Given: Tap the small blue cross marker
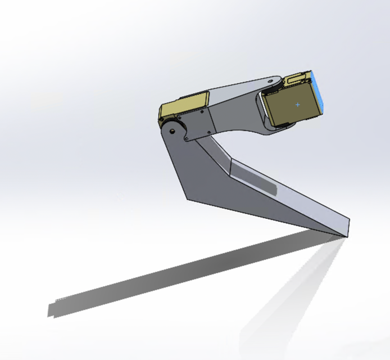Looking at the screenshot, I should click(x=297, y=104).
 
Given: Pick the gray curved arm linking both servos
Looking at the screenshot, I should click(x=236, y=107).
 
